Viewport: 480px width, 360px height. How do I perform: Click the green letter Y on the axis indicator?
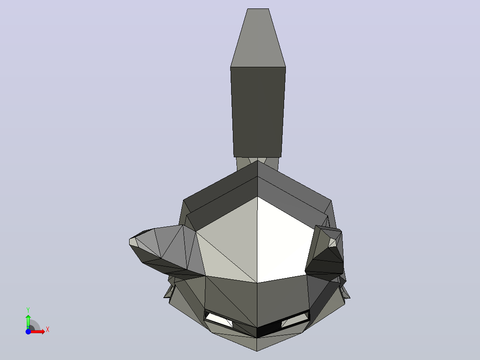[x=28, y=310]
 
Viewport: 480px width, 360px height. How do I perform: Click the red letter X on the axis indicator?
[x=48, y=330]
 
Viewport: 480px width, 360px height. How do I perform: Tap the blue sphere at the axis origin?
[x=28, y=331]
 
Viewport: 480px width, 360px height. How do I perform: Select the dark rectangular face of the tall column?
[x=258, y=112]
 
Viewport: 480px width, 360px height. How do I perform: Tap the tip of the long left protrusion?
[x=130, y=242]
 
